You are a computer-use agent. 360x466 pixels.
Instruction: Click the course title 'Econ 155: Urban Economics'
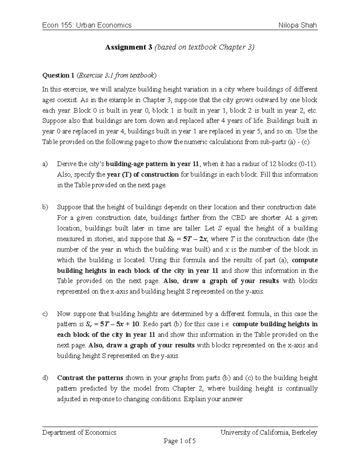(x=87, y=25)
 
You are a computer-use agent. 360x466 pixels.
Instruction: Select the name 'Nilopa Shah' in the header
(x=298, y=25)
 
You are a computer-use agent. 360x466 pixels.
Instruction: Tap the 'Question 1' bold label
(x=58, y=75)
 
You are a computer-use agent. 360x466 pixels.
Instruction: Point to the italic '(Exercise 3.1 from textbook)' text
(x=117, y=75)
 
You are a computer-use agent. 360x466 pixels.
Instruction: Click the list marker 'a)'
(x=45, y=164)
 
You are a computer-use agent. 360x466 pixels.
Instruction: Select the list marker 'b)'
(x=45, y=207)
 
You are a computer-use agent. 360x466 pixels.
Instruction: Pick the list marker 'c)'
(x=45, y=314)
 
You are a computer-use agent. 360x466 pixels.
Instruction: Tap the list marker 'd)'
(x=45, y=378)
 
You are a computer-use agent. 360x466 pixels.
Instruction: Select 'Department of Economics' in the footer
(x=79, y=432)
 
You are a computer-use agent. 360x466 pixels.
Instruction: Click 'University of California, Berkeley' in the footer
(x=269, y=432)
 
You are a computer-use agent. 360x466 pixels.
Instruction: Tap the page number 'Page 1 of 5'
(x=180, y=441)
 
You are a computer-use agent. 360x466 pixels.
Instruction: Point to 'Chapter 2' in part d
(x=188, y=389)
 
